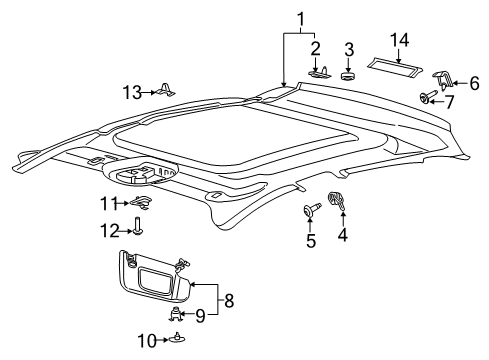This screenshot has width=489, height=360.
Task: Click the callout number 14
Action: (399, 40)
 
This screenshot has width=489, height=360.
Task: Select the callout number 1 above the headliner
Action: (301, 20)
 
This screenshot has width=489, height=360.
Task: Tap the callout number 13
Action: (133, 92)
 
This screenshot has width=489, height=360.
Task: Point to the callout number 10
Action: (147, 341)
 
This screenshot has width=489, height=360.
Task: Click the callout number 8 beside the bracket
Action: (229, 300)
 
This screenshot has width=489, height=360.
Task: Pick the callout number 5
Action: (311, 241)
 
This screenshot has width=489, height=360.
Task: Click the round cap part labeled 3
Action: (348, 76)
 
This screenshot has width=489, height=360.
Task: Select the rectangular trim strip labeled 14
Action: (395, 66)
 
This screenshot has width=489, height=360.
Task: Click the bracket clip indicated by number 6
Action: (442, 80)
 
